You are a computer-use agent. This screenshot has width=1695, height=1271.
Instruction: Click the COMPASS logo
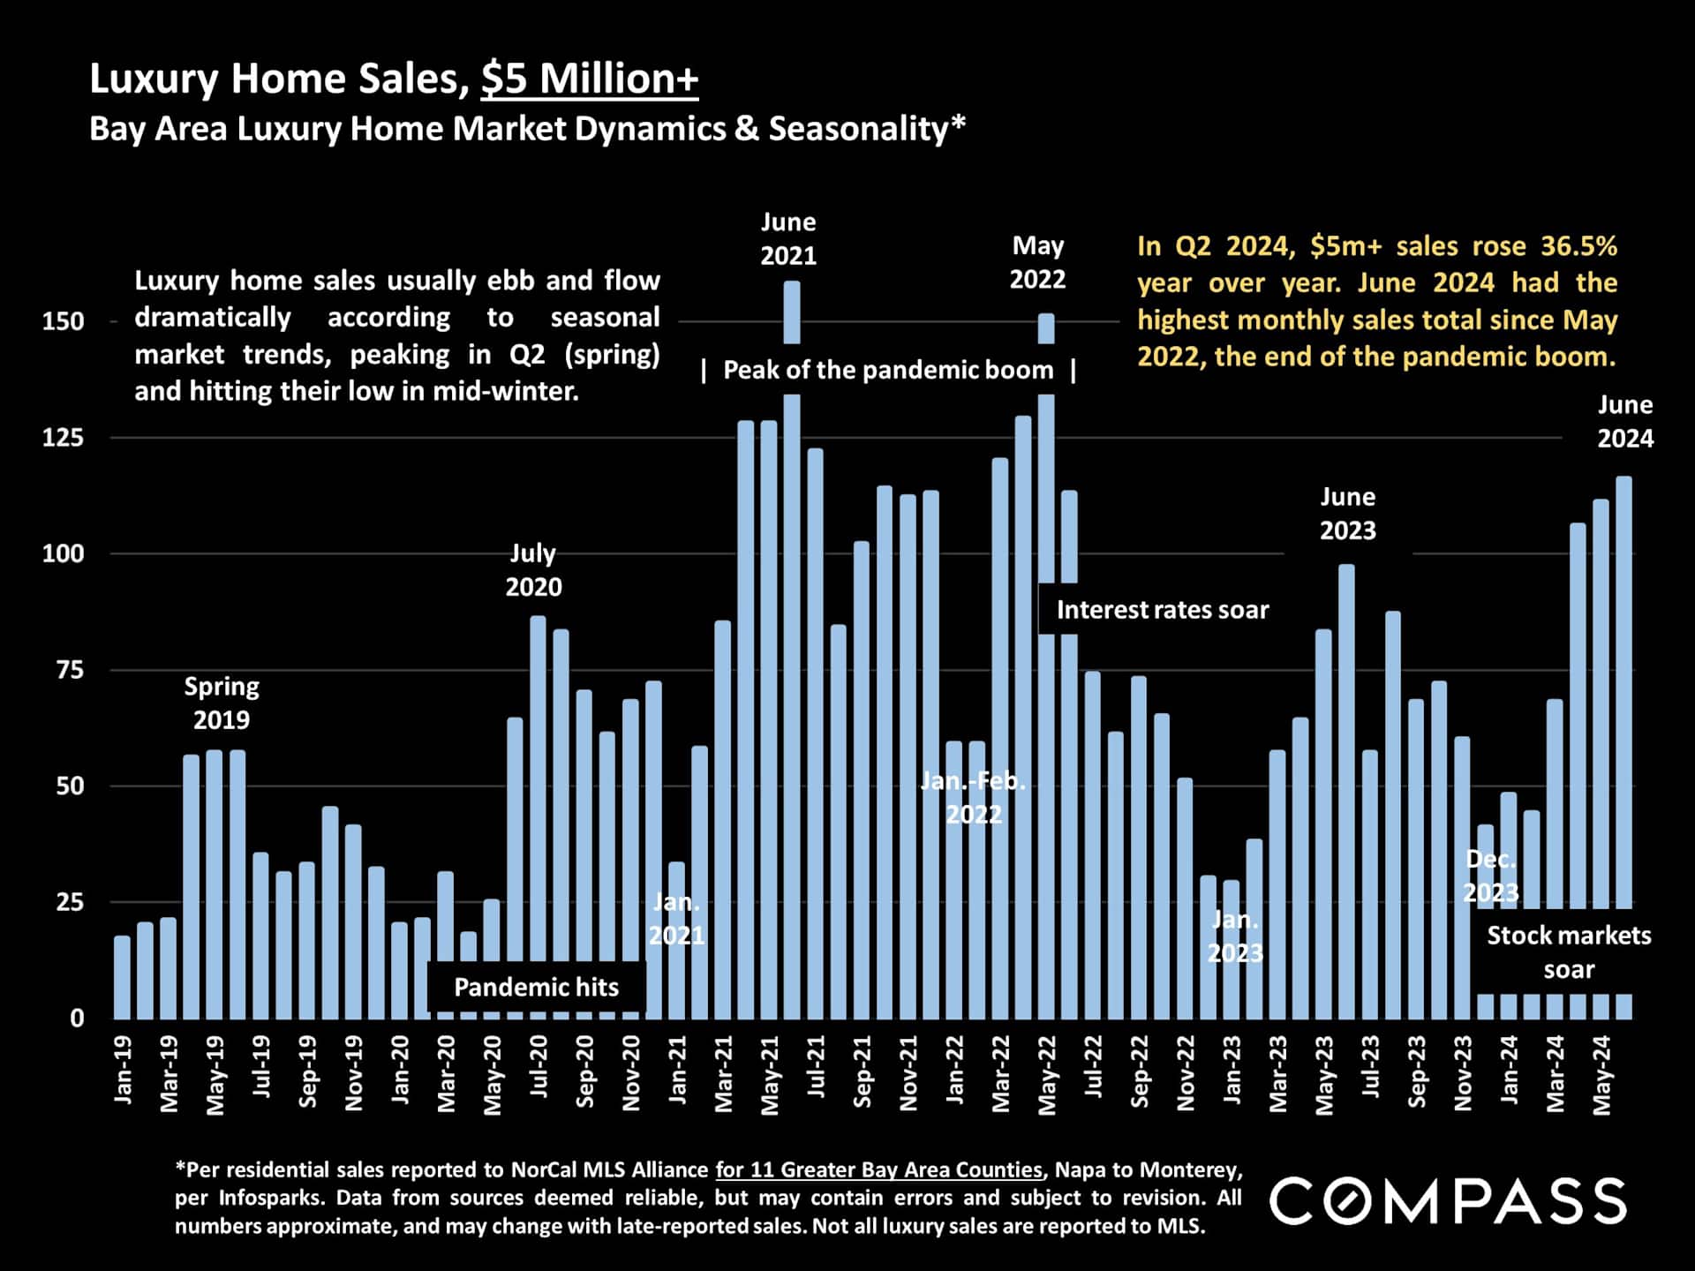[1448, 1200]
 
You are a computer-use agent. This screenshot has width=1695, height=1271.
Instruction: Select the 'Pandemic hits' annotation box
[536, 987]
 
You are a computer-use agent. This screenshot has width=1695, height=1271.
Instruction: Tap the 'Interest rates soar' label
[1162, 610]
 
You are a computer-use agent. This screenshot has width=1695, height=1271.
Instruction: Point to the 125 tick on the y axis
[64, 438]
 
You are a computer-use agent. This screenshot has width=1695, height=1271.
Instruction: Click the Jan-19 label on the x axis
[124, 1070]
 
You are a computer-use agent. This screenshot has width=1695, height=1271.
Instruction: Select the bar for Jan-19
[122, 978]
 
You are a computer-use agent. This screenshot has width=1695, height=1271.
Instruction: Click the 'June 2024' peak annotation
[1624, 422]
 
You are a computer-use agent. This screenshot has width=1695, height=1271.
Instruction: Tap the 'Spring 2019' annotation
[222, 703]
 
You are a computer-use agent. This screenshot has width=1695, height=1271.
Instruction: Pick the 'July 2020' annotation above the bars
[533, 570]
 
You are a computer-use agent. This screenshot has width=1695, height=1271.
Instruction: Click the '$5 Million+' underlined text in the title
[590, 79]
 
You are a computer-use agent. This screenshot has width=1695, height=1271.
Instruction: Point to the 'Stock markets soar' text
[1568, 951]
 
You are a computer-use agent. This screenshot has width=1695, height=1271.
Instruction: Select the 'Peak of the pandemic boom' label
[888, 370]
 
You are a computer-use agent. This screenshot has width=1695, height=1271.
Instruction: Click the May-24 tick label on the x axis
[1603, 1075]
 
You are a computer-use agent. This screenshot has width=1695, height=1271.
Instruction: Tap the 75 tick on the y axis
[70, 670]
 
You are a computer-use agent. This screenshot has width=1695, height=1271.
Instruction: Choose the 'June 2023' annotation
[1347, 514]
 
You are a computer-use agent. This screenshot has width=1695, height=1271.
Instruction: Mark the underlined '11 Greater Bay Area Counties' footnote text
[878, 1170]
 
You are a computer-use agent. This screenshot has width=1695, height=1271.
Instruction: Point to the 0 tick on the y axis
[78, 1019]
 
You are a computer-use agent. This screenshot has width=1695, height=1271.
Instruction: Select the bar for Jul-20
[538, 817]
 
